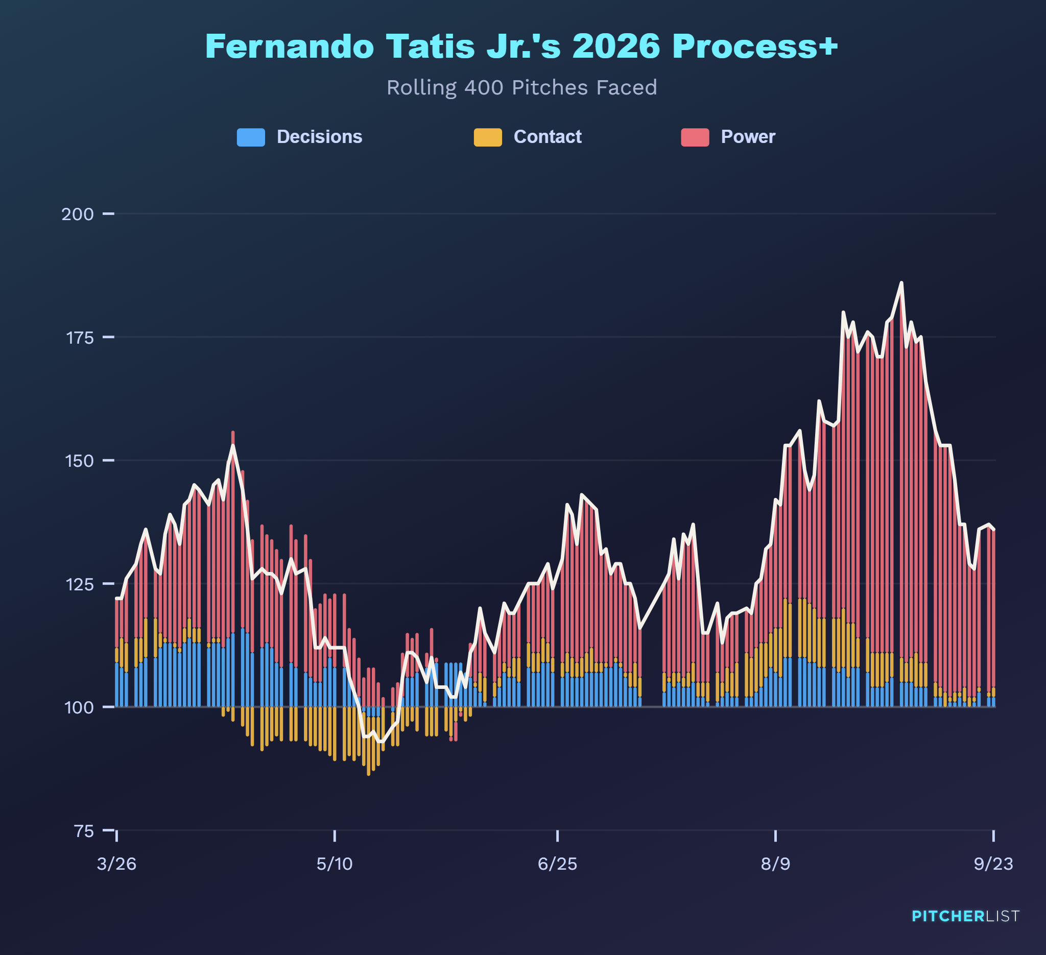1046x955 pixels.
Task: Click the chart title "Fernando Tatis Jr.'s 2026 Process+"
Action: pos(521,46)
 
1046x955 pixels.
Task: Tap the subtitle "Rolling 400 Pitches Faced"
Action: pos(521,87)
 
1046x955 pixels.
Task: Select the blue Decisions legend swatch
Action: pos(251,137)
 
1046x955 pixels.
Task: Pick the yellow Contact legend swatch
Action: pos(488,137)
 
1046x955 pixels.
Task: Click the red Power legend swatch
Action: pos(695,137)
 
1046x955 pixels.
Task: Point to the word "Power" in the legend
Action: pos(748,137)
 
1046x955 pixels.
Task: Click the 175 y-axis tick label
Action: pos(80,338)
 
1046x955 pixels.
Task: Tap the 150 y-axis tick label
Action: pos(79,461)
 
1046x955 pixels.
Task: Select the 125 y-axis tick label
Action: pos(79,584)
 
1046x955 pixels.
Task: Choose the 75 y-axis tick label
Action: pos(84,831)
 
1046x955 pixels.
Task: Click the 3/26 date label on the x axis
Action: pos(117,864)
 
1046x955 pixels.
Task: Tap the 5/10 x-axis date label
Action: pos(335,864)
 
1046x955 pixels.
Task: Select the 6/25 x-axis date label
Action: pos(558,864)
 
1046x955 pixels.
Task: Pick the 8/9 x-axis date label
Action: pos(776,864)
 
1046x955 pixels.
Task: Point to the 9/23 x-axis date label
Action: pos(993,864)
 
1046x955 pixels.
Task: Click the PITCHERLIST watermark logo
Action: pos(966,916)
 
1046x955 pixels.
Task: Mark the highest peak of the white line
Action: pos(901,283)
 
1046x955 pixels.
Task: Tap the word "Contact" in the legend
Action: pos(548,137)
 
